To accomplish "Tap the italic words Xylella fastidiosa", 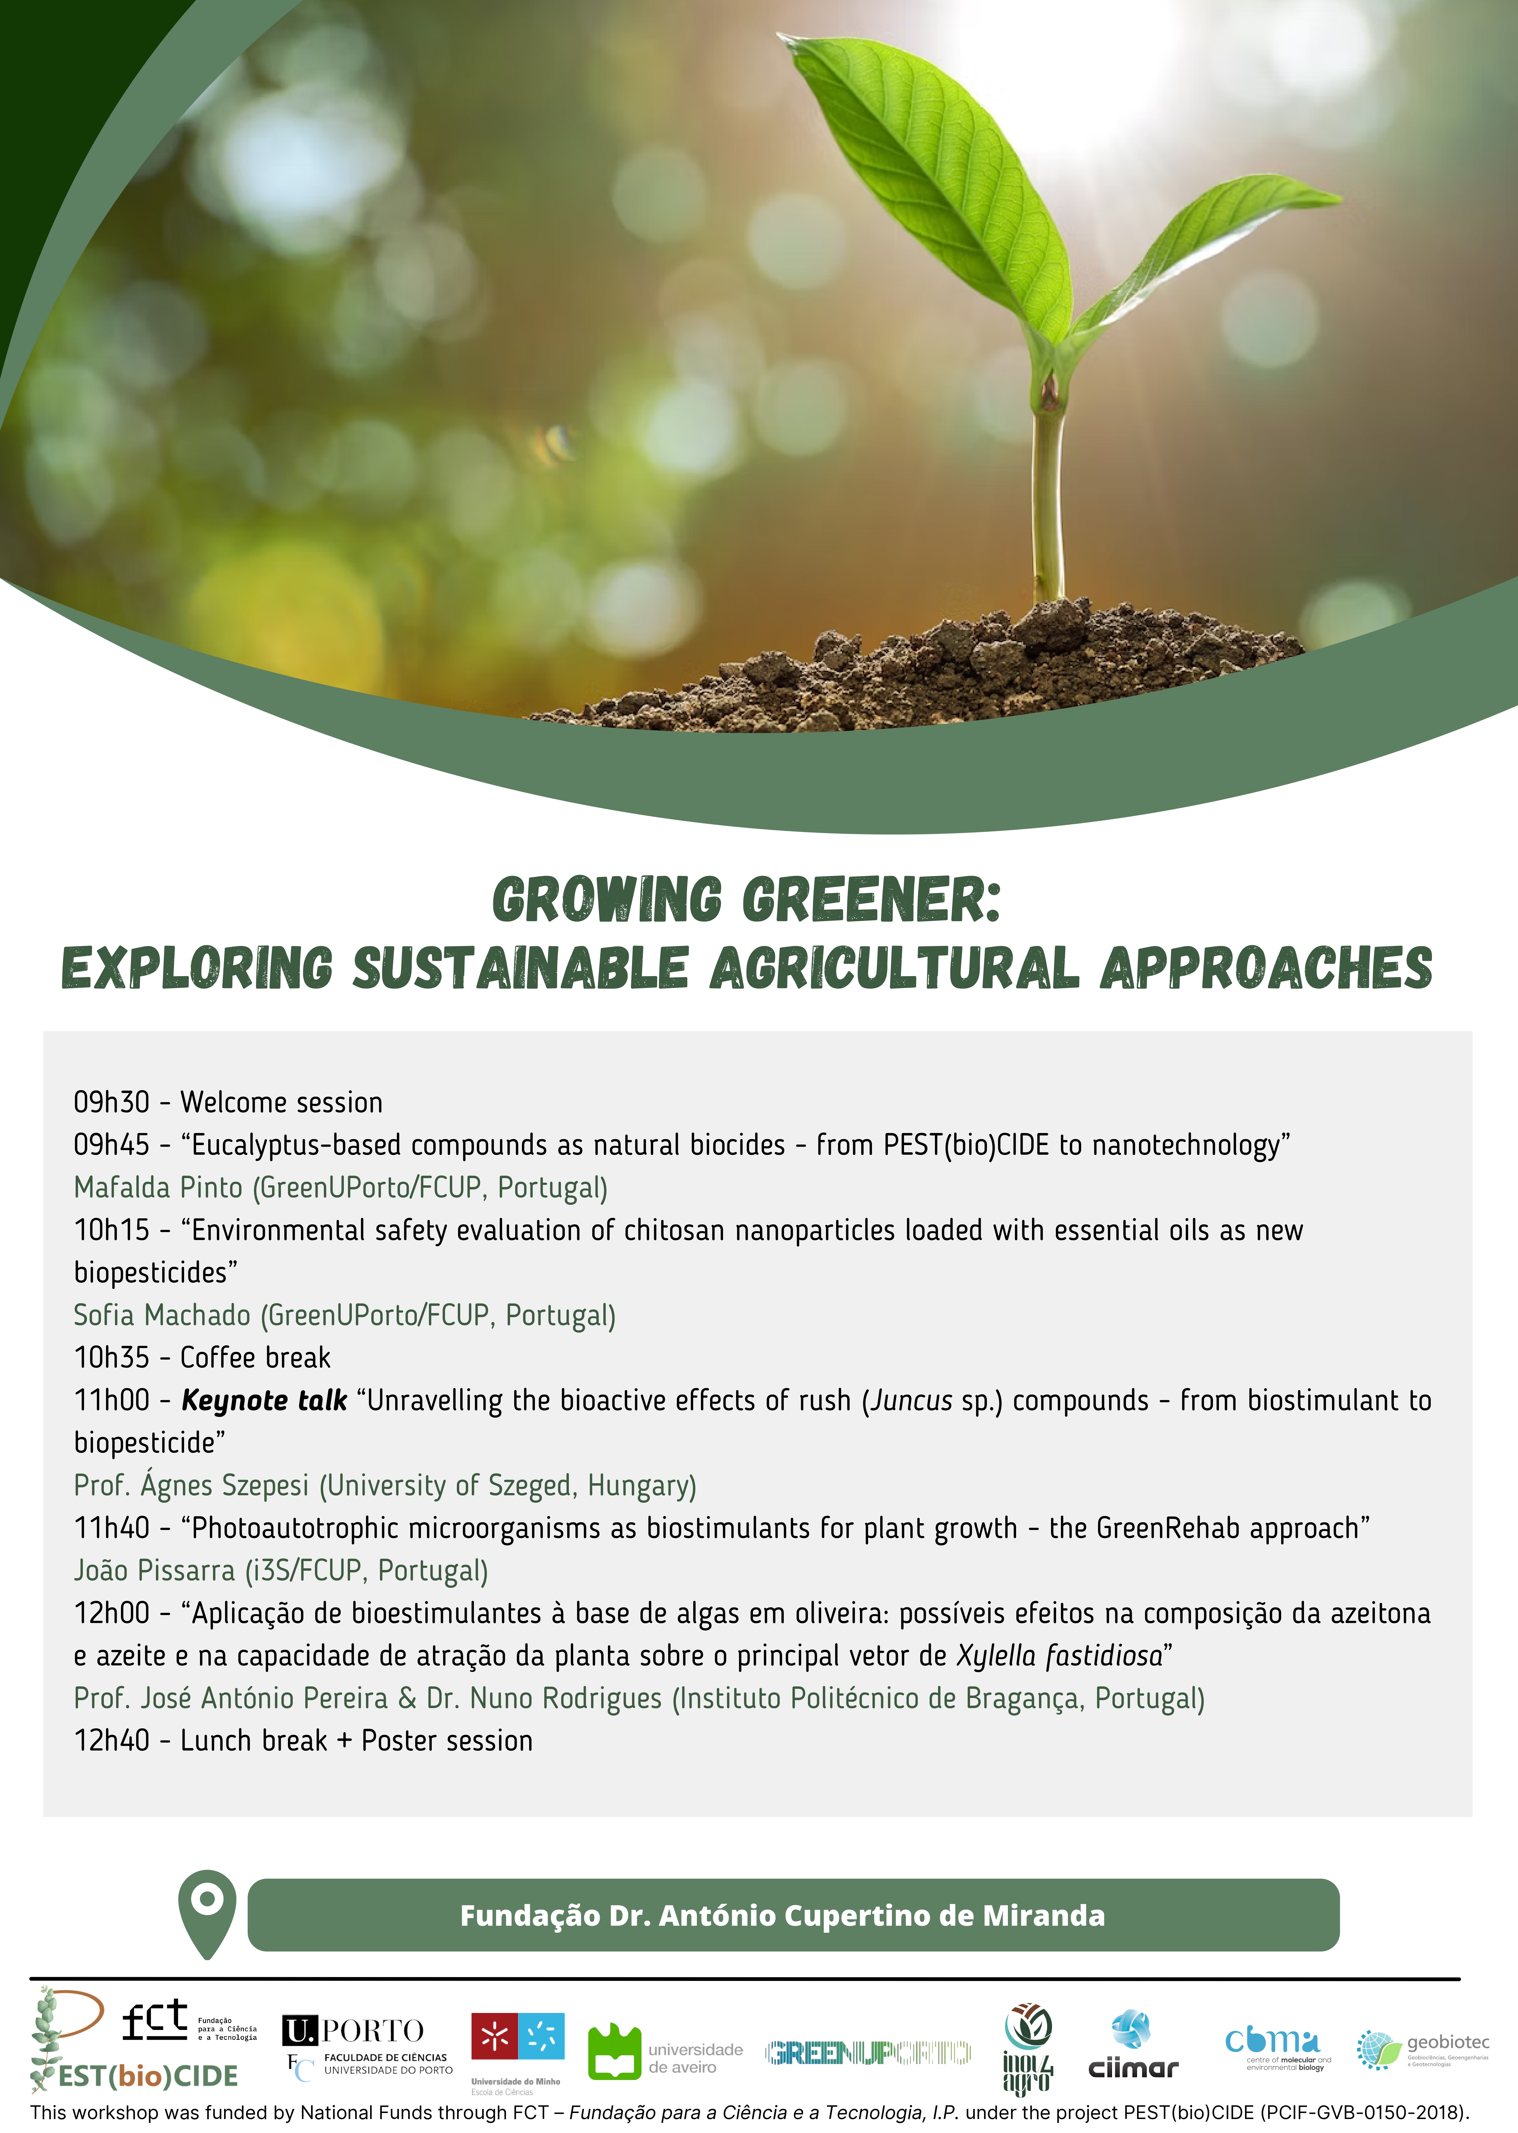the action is (x=1059, y=1656).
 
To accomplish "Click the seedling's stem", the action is (x=1048, y=495).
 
